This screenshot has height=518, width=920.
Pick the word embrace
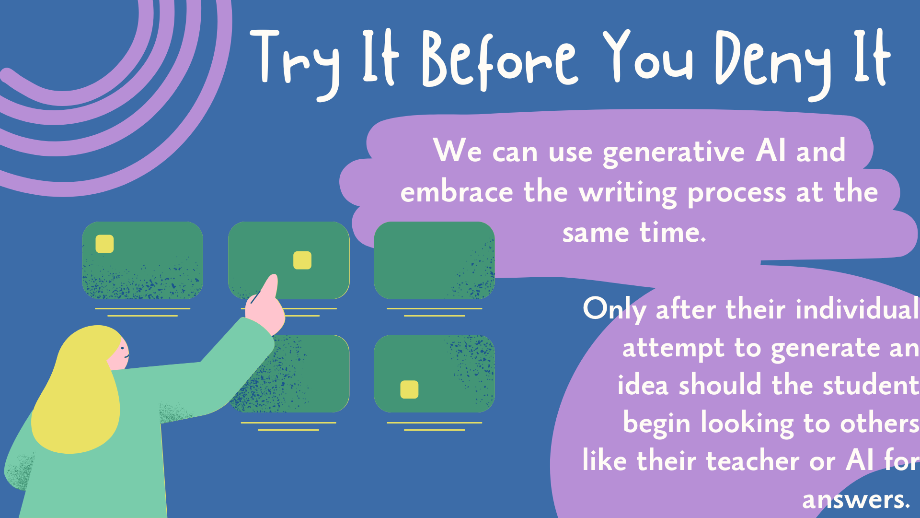457,193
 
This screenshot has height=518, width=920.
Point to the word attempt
673,349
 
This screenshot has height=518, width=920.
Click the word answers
855,500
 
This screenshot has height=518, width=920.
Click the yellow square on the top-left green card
104,244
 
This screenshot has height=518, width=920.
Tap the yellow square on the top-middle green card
302,260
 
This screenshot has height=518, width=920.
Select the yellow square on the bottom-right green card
409,389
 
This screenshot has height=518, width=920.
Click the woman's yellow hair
77,393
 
